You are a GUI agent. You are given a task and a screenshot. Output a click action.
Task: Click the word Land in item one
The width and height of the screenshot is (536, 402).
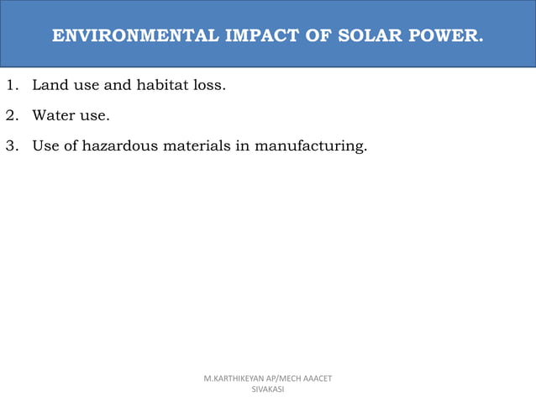[x=49, y=85]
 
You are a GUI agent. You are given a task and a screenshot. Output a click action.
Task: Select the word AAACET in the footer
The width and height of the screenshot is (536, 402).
[x=318, y=379]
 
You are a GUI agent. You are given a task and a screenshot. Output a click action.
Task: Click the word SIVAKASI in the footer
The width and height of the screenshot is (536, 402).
[x=268, y=390]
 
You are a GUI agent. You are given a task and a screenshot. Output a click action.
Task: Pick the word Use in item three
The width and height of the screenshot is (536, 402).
[x=46, y=145]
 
